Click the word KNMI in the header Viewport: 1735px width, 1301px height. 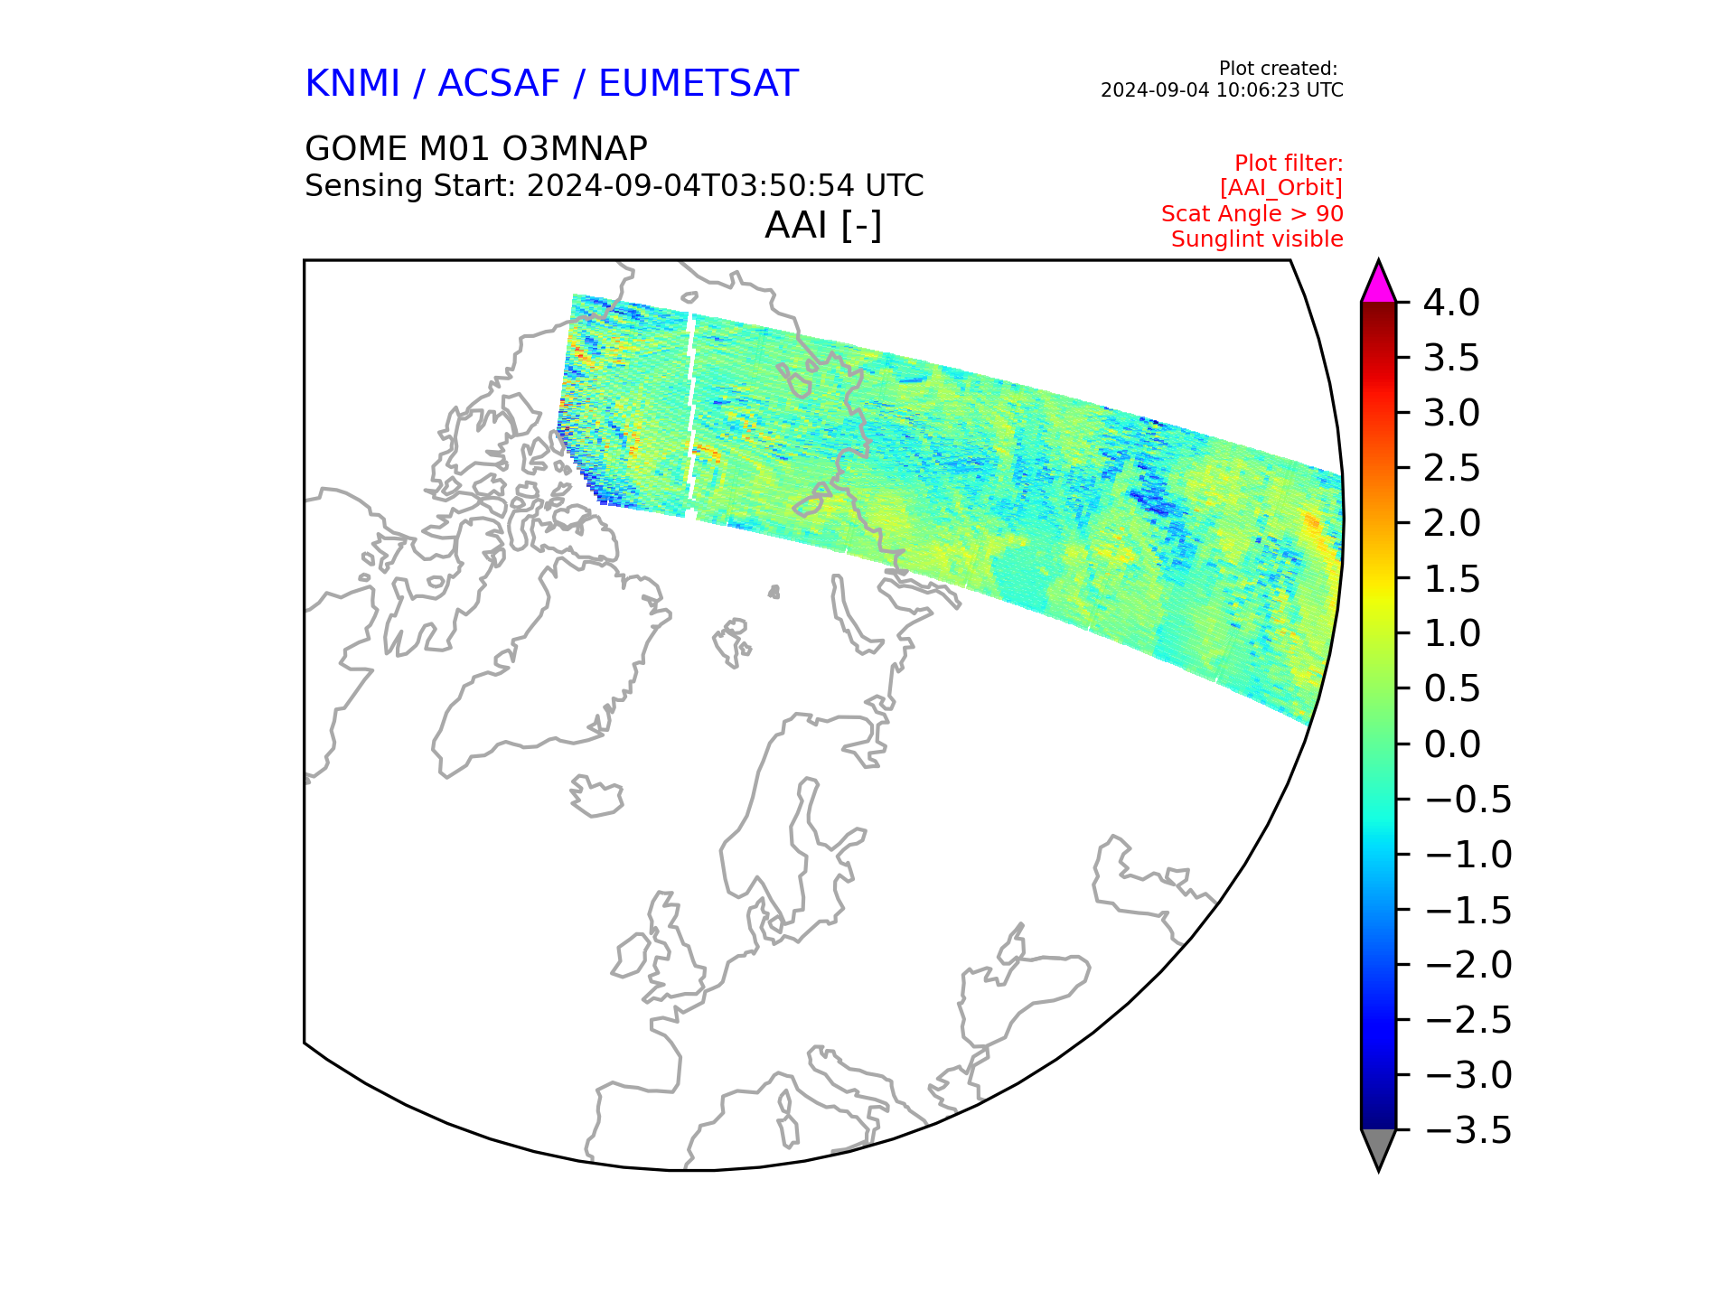[352, 84]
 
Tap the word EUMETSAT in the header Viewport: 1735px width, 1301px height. [698, 84]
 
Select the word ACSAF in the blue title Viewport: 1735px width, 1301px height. [499, 84]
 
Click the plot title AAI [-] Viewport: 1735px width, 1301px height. [823, 226]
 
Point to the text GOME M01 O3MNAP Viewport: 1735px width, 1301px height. [476, 149]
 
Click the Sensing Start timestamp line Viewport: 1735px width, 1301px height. [614, 186]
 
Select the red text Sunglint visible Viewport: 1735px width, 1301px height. [1257, 239]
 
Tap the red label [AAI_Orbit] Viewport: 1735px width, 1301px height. [1281, 188]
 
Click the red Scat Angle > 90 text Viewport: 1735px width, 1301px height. [1252, 214]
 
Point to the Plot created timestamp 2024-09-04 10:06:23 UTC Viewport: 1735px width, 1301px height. [1222, 90]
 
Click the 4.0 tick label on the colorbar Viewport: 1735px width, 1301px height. [1451, 303]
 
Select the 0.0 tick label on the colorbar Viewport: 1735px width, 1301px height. [1451, 744]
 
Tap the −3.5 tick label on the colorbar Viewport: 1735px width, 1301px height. [1468, 1130]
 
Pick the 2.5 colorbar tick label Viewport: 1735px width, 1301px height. [1451, 468]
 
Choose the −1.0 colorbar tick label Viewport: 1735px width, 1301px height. [1468, 855]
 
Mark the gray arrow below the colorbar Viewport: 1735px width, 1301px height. [1378, 1147]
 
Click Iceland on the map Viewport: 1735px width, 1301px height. [597, 797]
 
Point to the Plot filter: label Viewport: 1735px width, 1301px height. [1289, 164]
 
